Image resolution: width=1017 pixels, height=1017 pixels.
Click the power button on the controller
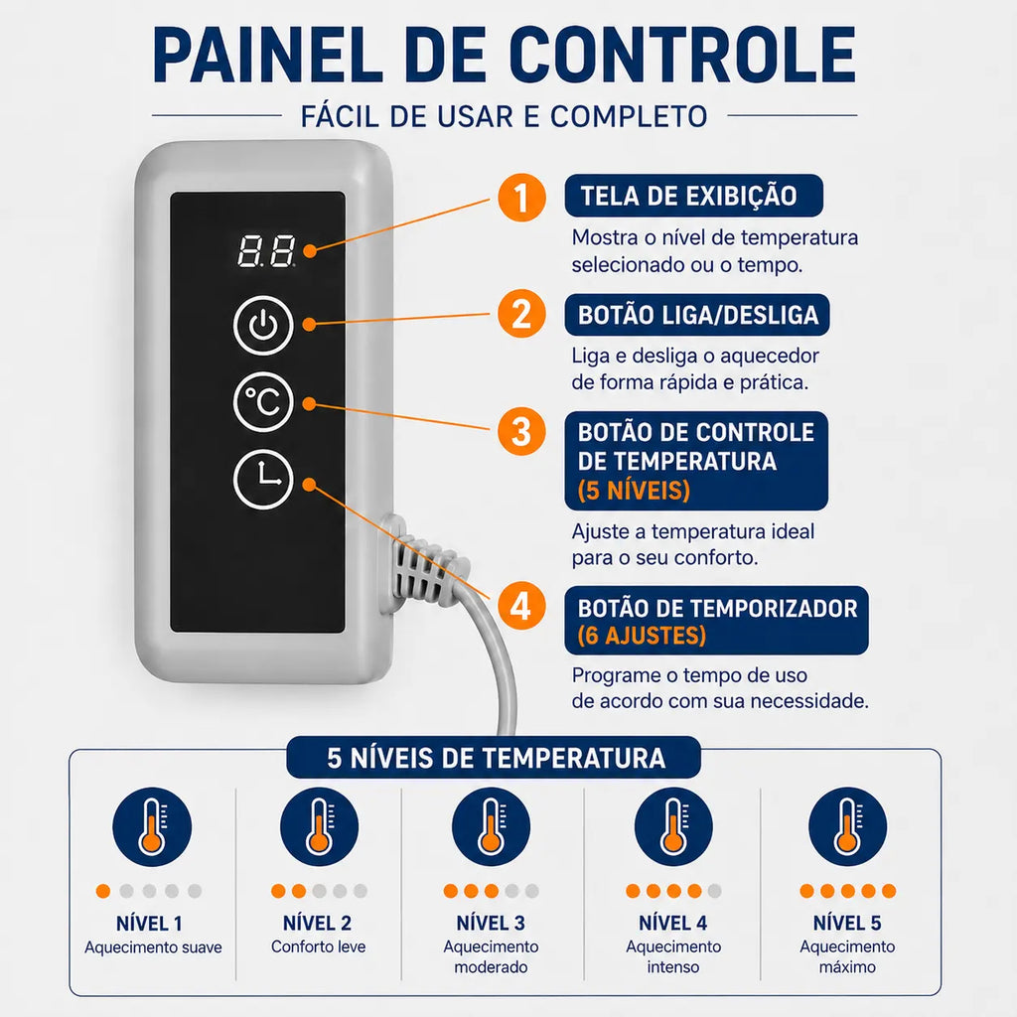point(263,325)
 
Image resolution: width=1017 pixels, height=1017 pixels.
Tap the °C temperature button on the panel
point(263,402)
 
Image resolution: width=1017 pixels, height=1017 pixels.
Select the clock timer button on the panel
point(263,480)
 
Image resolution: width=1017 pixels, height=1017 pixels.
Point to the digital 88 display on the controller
point(266,251)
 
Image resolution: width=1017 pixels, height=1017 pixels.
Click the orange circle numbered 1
point(521,198)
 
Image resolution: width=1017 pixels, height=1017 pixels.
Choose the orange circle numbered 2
point(521,314)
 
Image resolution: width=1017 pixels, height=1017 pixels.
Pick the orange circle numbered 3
point(521,431)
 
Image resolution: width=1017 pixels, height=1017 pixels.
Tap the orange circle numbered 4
point(521,606)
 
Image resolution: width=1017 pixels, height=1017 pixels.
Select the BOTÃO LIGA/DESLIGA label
point(697,315)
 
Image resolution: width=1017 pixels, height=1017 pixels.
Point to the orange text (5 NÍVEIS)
point(634,491)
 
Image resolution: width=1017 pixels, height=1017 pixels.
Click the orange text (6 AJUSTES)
point(642,636)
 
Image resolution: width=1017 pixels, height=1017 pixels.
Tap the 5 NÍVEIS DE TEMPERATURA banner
point(495,758)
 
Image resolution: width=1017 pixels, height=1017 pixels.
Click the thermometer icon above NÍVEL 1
point(152,827)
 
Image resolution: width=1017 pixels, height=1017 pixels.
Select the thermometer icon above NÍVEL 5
point(847,827)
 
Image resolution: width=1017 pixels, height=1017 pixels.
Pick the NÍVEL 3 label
point(491,923)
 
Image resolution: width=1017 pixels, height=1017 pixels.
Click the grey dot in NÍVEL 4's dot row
point(715,891)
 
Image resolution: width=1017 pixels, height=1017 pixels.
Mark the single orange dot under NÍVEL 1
point(103,891)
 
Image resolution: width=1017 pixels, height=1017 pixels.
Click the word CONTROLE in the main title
point(681,55)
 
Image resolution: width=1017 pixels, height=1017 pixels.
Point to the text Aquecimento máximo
point(847,956)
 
